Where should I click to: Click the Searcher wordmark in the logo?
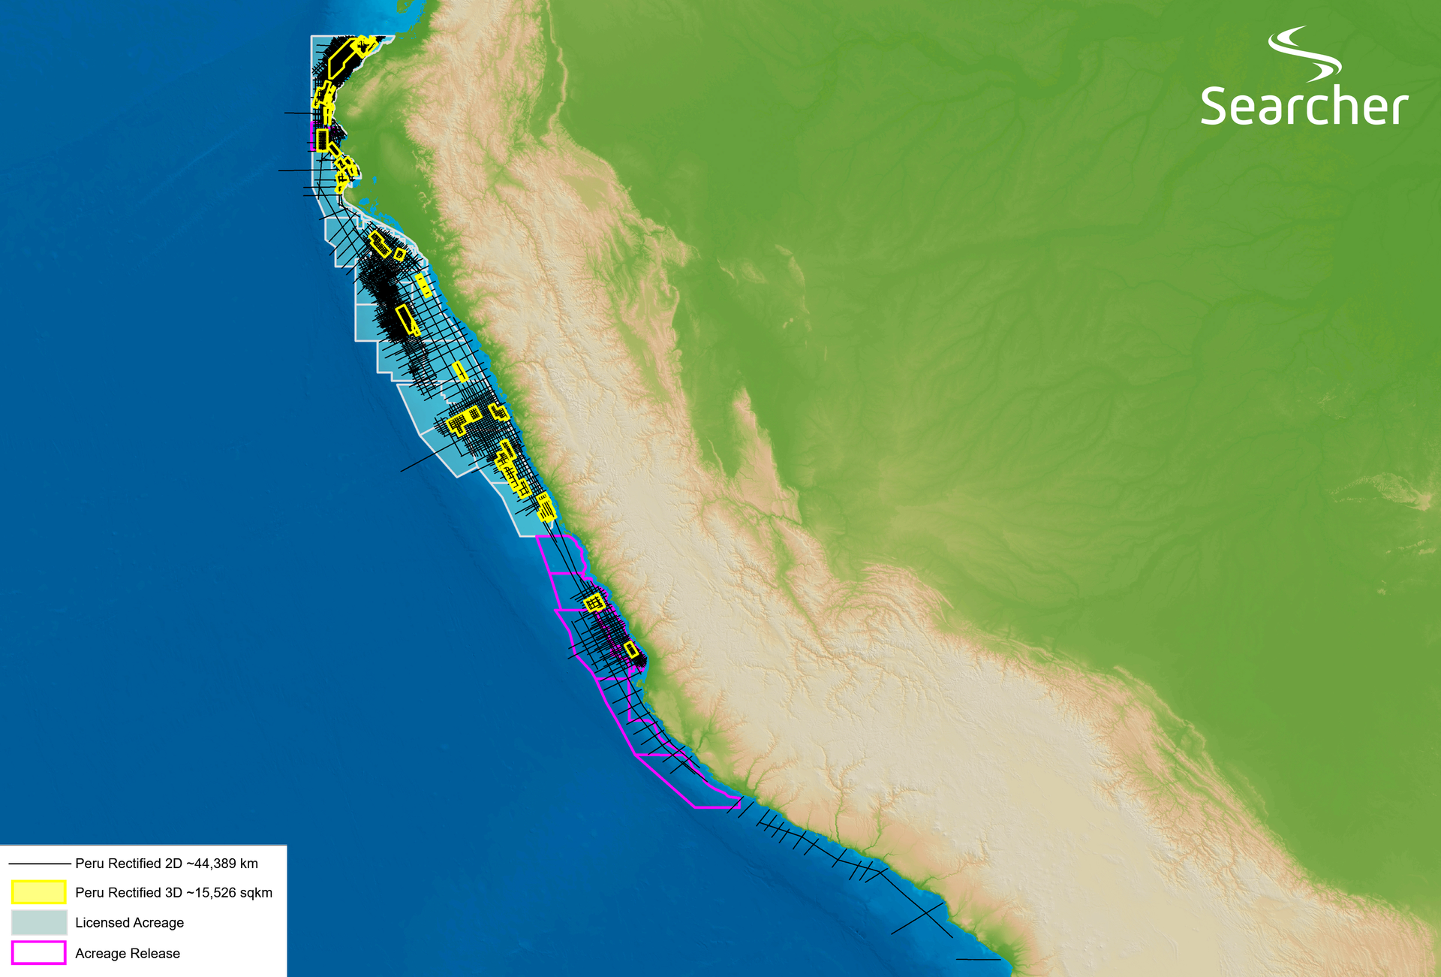tap(1304, 106)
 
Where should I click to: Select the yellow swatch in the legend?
tap(38, 892)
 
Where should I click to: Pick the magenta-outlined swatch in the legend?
tap(38, 953)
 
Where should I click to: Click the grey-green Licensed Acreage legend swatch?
tap(38, 922)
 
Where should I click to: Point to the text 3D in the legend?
tap(173, 893)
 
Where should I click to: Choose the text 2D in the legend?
tap(173, 864)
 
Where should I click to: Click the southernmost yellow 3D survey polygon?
tap(631, 650)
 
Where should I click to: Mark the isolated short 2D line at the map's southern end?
tap(978, 959)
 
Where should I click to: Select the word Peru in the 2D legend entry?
tap(89, 864)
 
